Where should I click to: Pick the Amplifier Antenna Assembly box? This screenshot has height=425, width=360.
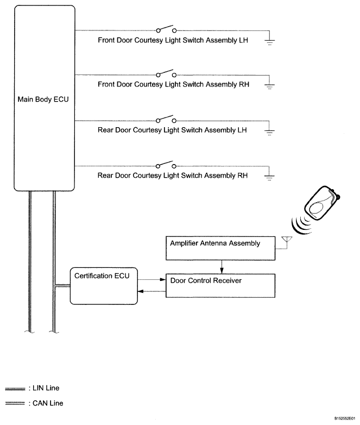pos(220,248)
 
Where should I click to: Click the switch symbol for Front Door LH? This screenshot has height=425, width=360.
pos(166,30)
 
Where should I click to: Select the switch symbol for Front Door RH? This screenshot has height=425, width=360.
pos(166,75)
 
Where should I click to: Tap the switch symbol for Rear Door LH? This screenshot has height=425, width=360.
pos(166,120)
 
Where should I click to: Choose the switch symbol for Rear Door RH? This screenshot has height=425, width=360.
pos(166,165)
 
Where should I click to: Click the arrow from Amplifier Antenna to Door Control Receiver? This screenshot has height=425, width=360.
pos(220,266)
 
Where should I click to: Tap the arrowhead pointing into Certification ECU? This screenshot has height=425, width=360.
pos(141,292)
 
